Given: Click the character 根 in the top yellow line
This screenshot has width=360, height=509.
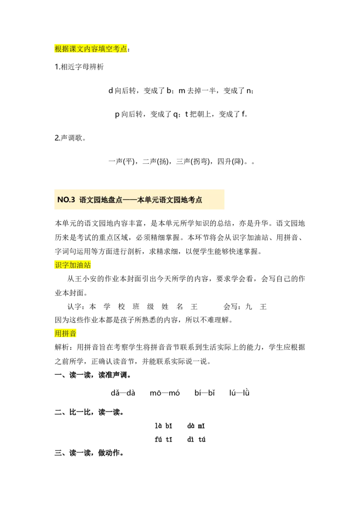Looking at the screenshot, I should (58, 49).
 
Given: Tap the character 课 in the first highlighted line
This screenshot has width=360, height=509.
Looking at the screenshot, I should (73, 49).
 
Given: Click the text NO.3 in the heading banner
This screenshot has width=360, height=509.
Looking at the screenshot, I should (66, 200).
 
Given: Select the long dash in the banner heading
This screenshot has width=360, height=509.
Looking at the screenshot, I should (130, 200).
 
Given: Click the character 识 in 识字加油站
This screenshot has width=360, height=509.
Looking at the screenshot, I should (58, 265).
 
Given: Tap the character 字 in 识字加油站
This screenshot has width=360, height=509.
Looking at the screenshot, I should (66, 265).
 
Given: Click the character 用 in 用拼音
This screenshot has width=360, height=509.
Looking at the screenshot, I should (58, 334).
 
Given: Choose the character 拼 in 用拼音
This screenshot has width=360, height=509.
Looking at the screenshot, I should (66, 334).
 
